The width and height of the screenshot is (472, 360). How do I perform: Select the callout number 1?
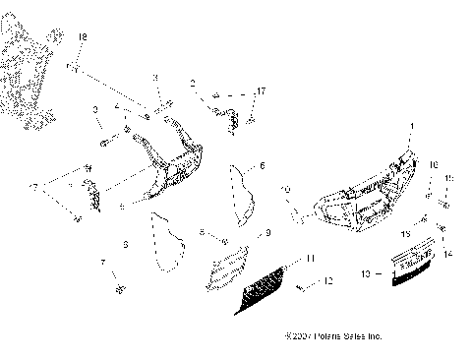pyautogui.click(x=411, y=127)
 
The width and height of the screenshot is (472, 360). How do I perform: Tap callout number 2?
pyautogui.click(x=194, y=84)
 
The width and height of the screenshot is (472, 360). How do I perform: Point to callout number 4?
pyautogui.click(x=116, y=106)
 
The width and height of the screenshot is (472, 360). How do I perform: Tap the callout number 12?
pyautogui.click(x=328, y=281)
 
